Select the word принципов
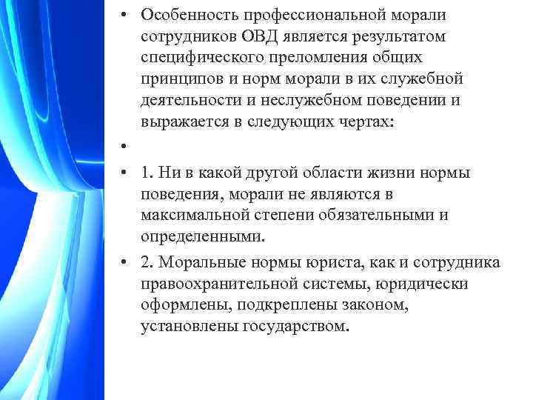pos(177,79)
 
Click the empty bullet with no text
pos(128,146)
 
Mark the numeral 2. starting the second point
pos(147,263)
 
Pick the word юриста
pos(346,263)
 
